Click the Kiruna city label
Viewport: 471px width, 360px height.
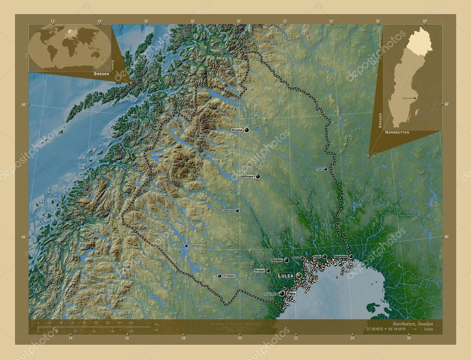[237, 130]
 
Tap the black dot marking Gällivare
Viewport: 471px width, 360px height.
[258, 176]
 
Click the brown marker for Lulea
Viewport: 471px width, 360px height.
[299, 275]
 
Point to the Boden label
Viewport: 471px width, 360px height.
[277, 260]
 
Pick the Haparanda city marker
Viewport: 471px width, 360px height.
[351, 256]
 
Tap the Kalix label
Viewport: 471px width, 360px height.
[317, 257]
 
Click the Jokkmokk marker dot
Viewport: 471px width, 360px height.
[237, 211]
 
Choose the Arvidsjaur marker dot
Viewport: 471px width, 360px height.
[219, 276]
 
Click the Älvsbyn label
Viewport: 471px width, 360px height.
[260, 271]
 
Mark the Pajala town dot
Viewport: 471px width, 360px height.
[326, 169]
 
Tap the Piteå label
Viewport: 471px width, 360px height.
[291, 293]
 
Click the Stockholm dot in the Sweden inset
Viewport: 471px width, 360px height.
[415, 97]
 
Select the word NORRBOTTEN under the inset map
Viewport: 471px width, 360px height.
[395, 132]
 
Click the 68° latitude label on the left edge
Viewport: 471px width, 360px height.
[23, 104]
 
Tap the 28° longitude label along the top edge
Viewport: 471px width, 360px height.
[425, 21]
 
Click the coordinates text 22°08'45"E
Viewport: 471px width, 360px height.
[377, 329]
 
